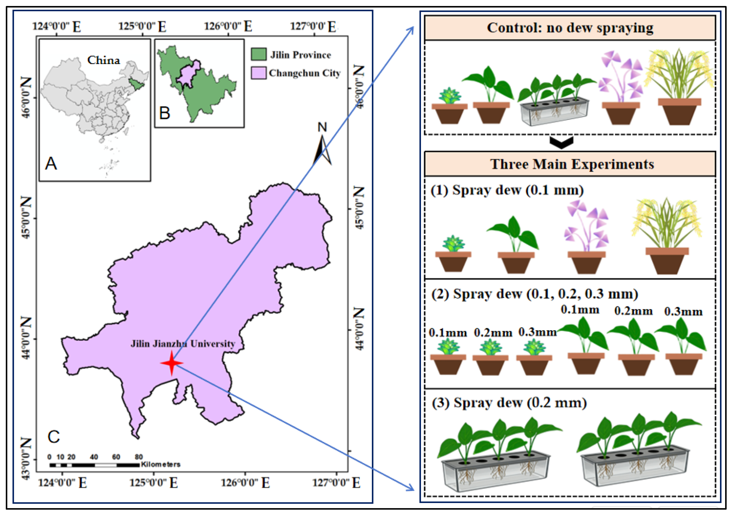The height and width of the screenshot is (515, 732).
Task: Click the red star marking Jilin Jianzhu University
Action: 172,363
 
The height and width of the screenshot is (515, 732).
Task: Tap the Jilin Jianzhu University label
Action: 183,344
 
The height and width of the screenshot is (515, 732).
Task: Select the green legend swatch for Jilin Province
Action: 258,54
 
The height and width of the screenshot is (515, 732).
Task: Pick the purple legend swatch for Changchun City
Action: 258,73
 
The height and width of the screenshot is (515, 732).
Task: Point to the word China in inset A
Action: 104,60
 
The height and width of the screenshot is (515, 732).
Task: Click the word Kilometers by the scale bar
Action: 161,464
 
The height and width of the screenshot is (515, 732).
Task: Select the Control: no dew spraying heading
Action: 570,28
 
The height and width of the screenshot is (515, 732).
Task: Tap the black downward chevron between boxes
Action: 561,142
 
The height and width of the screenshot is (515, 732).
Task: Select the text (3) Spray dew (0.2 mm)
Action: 509,403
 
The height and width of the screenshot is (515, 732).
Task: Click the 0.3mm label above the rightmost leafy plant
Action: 683,311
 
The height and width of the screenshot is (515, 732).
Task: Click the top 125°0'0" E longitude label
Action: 142,26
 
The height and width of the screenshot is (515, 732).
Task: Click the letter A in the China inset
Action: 51,164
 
